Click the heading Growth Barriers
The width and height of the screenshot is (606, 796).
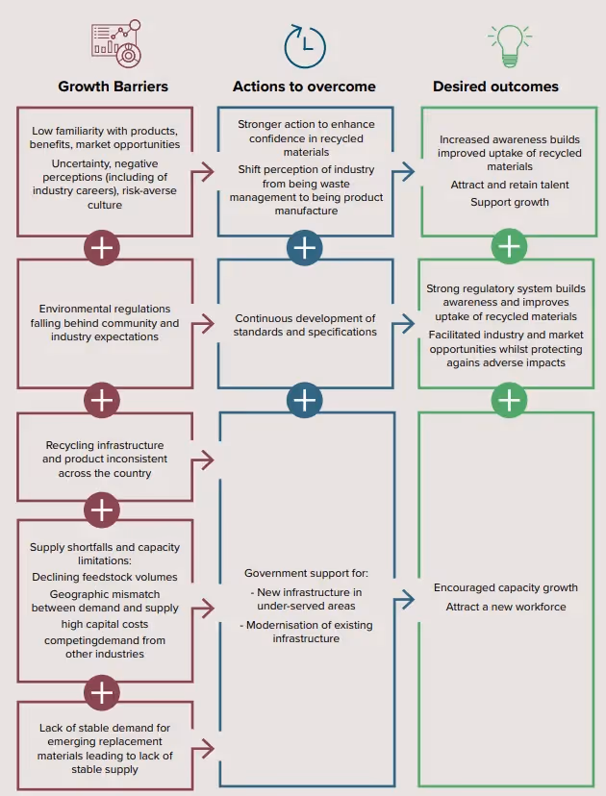click(x=113, y=87)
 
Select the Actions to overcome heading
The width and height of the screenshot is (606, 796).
click(x=304, y=87)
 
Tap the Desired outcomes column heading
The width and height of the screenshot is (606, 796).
click(x=495, y=87)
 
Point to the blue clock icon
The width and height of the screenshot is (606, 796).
click(x=304, y=46)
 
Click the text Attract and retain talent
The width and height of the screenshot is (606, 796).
click(x=510, y=185)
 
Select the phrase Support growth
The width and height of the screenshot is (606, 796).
click(x=510, y=202)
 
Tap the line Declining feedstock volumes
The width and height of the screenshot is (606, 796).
click(x=104, y=577)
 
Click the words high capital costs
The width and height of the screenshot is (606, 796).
click(x=104, y=623)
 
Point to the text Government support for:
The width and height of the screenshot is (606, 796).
click(x=306, y=573)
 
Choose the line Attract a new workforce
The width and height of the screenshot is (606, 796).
click(x=506, y=607)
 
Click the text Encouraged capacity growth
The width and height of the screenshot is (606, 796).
click(x=506, y=587)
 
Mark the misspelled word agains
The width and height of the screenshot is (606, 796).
click(x=466, y=362)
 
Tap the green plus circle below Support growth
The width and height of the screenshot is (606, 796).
click(x=509, y=247)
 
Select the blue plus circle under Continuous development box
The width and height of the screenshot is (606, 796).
click(x=304, y=399)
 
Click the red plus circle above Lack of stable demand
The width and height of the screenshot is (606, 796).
click(x=102, y=690)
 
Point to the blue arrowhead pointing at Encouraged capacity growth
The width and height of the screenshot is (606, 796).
click(x=409, y=599)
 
